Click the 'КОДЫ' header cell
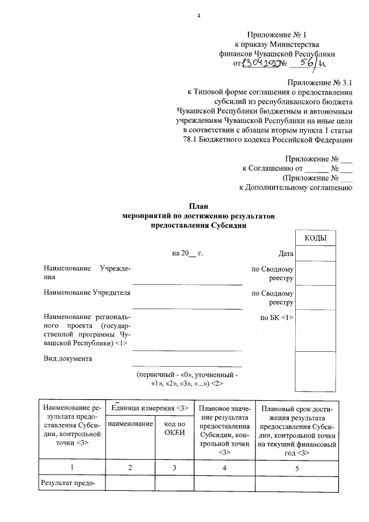pyautogui.click(x=315, y=238)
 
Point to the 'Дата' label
pyautogui.click(x=286, y=253)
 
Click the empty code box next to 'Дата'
pyautogui.click(x=315, y=253)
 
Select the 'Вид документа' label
pyautogui.click(x=67, y=358)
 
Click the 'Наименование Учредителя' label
pyautogui.click(x=86, y=293)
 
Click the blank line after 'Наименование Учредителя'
pyautogui.click(x=187, y=307)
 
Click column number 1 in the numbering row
pyautogui.click(x=71, y=468)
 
